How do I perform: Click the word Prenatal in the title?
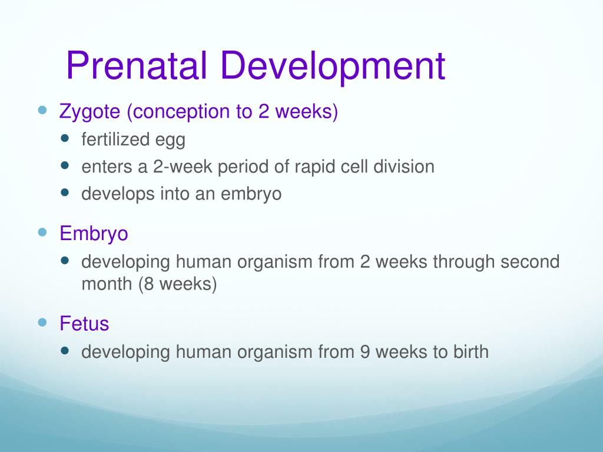tap(137, 66)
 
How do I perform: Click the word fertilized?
tap(115, 140)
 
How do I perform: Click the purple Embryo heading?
tap(94, 234)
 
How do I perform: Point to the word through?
tap(463, 261)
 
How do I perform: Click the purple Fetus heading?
tap(84, 324)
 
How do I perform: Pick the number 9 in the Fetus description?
tap(365, 352)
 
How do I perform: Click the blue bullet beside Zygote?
tap(42, 110)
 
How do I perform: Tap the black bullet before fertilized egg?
tap(65, 139)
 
